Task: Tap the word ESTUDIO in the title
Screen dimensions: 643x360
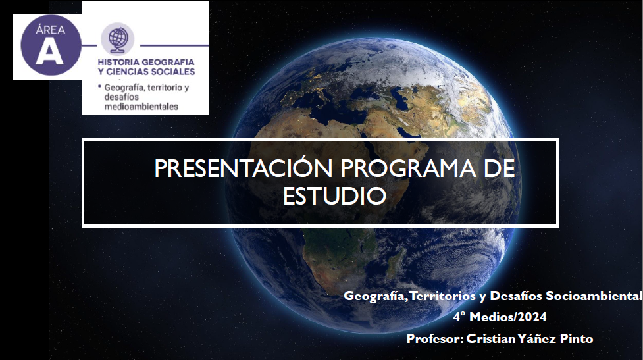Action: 334,196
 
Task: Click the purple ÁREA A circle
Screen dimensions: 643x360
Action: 51,45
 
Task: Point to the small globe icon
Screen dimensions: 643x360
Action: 118,38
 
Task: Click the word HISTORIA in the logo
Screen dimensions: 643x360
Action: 118,62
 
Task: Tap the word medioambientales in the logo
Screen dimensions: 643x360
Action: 141,107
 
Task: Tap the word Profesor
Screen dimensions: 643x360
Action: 435,339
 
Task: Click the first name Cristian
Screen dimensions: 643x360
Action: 491,339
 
